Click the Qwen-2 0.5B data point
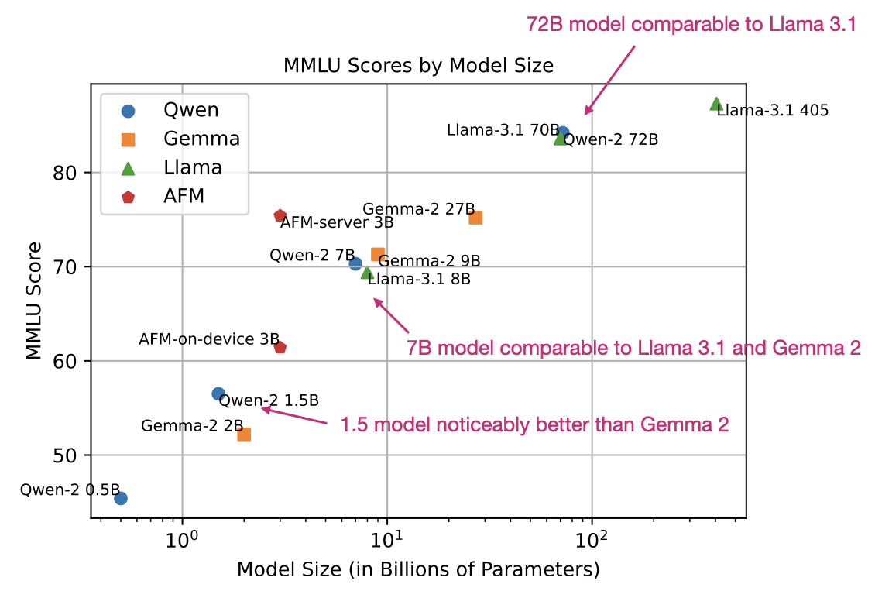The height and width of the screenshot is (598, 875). coord(121,498)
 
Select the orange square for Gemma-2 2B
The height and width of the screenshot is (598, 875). coord(244,434)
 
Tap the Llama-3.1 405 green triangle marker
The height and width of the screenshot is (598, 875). coord(716,104)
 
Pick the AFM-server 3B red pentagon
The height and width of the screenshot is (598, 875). coord(280,216)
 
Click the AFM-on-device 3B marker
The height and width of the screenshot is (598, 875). coord(280,348)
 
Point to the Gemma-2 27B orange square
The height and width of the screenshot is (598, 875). coord(475,218)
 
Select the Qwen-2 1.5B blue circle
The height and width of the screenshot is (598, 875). coord(218,394)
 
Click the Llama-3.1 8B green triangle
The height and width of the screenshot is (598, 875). coord(367,273)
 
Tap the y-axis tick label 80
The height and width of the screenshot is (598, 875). coord(72,172)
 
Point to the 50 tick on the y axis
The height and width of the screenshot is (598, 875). coord(72,455)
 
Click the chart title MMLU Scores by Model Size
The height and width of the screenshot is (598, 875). coord(419,66)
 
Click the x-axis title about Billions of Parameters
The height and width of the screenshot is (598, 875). coord(418,570)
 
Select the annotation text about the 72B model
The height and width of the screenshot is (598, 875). coord(691,25)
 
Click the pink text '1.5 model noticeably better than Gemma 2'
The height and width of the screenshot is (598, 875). coord(534,424)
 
